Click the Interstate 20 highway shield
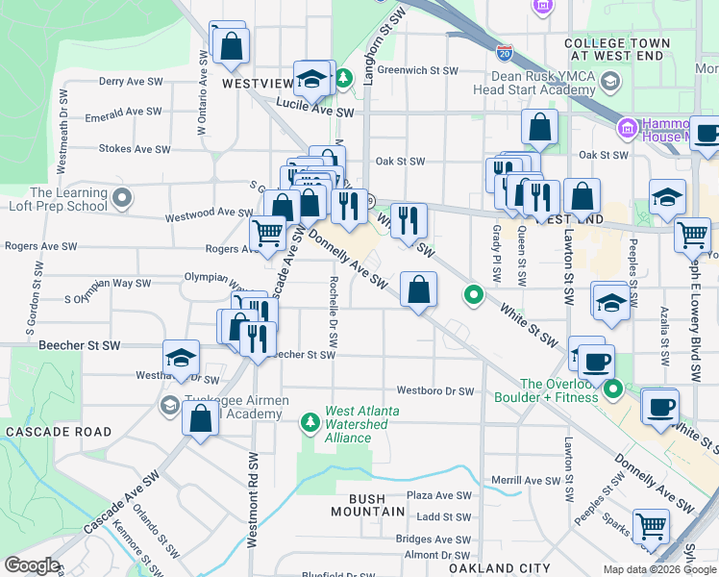pyautogui.click(x=505, y=51)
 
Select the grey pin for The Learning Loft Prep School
pyautogui.click(x=122, y=199)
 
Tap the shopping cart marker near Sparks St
pyautogui.click(x=652, y=527)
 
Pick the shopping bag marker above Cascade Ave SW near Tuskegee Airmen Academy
pyautogui.click(x=200, y=419)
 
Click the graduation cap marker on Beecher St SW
pyautogui.click(x=181, y=358)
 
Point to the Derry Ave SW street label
pyautogui.click(x=131, y=83)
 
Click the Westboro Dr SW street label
pyautogui.click(x=435, y=391)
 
